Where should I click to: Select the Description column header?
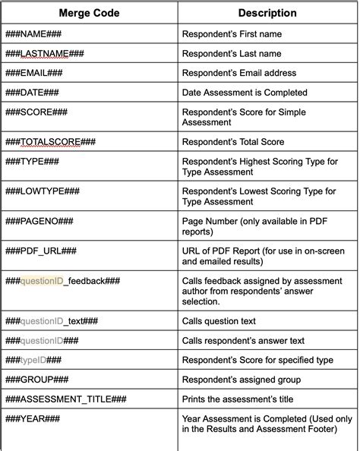(x=267, y=14)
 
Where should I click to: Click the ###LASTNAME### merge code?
(x=45, y=54)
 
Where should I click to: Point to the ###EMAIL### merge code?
(x=34, y=73)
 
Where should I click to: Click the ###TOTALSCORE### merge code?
(x=51, y=142)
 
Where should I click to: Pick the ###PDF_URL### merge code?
(x=41, y=250)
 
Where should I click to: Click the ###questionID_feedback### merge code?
(x=63, y=282)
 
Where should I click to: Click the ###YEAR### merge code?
(x=33, y=418)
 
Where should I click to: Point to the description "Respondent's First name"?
(x=232, y=34)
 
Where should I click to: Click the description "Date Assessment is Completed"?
(x=245, y=93)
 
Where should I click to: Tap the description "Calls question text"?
(x=219, y=321)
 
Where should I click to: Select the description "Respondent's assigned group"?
(x=242, y=380)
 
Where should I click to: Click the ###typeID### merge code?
(x=34, y=360)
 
